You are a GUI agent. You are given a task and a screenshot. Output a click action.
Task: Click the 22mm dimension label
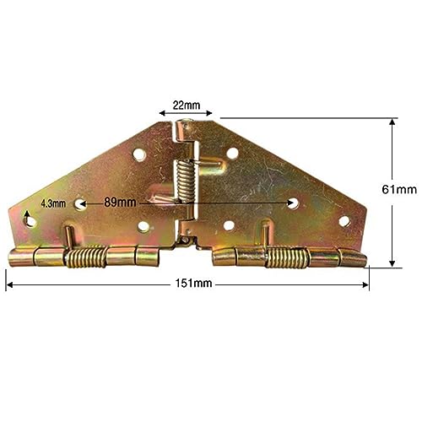coord(187,105)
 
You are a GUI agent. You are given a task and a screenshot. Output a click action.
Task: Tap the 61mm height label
coord(399,189)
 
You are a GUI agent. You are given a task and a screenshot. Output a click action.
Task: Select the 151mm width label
coord(193,283)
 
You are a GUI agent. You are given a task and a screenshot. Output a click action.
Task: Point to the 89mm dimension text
coord(120,202)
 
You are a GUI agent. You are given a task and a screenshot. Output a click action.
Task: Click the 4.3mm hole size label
coord(53,203)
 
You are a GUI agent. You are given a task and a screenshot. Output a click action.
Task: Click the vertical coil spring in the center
coord(186,180)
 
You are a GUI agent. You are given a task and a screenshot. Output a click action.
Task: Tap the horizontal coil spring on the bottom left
coord(86,257)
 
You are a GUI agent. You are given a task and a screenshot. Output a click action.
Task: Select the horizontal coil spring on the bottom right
coord(287,257)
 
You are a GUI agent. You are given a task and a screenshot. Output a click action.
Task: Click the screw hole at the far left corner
coord(30,221)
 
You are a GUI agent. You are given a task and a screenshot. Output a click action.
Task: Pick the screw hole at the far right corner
coord(344,221)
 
